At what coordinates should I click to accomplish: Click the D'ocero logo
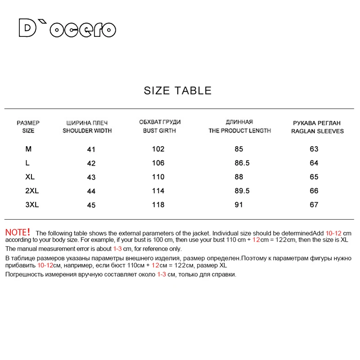click(x=67, y=28)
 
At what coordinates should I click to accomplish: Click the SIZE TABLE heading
click(x=177, y=90)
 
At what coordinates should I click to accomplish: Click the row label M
click(x=29, y=149)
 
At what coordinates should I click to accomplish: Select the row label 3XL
click(x=32, y=205)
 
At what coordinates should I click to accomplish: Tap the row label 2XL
click(x=32, y=191)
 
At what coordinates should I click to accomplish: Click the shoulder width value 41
click(x=91, y=149)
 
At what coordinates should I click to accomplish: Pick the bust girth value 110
click(x=158, y=177)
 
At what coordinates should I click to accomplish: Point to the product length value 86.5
click(x=243, y=163)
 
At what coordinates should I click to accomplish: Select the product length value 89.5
click(x=243, y=191)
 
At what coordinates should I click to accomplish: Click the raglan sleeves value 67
click(x=314, y=205)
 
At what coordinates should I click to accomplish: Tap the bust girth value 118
click(x=158, y=205)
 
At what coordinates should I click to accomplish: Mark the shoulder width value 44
click(x=91, y=191)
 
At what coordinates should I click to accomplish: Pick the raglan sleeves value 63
click(x=314, y=149)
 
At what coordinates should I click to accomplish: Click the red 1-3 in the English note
click(x=117, y=248)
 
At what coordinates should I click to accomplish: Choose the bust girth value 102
click(x=158, y=149)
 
